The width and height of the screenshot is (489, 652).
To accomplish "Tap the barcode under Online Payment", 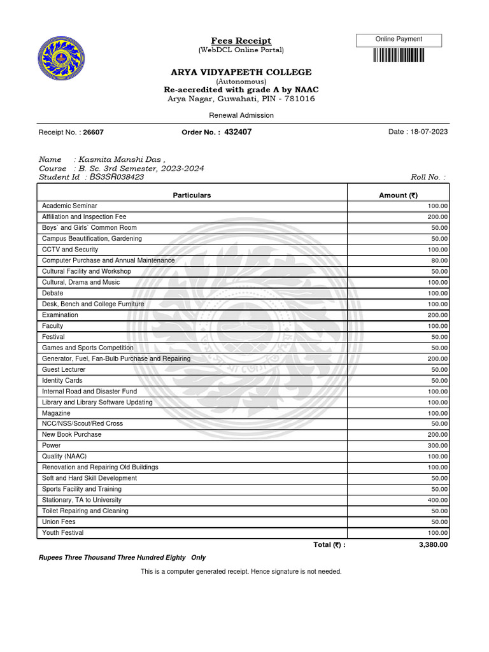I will click(399, 55).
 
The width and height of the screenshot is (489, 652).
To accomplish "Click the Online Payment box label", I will click(399, 39).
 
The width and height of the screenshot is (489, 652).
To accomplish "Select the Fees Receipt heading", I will click(241, 41).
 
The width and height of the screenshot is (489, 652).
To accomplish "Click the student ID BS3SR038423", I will click(117, 177).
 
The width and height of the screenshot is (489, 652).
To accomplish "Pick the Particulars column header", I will click(192, 195).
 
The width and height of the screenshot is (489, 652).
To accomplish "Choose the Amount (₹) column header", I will click(398, 195).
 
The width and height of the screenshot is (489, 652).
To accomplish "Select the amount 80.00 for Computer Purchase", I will click(439, 260).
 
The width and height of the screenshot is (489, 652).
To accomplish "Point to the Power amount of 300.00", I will click(437, 446).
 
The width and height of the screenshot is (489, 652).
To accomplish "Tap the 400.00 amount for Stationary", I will click(437, 500).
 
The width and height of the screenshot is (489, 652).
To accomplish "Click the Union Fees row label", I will click(59, 522).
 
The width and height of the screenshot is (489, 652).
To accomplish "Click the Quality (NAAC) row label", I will click(64, 457).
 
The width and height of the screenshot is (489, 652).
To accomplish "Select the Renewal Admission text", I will click(241, 115).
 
